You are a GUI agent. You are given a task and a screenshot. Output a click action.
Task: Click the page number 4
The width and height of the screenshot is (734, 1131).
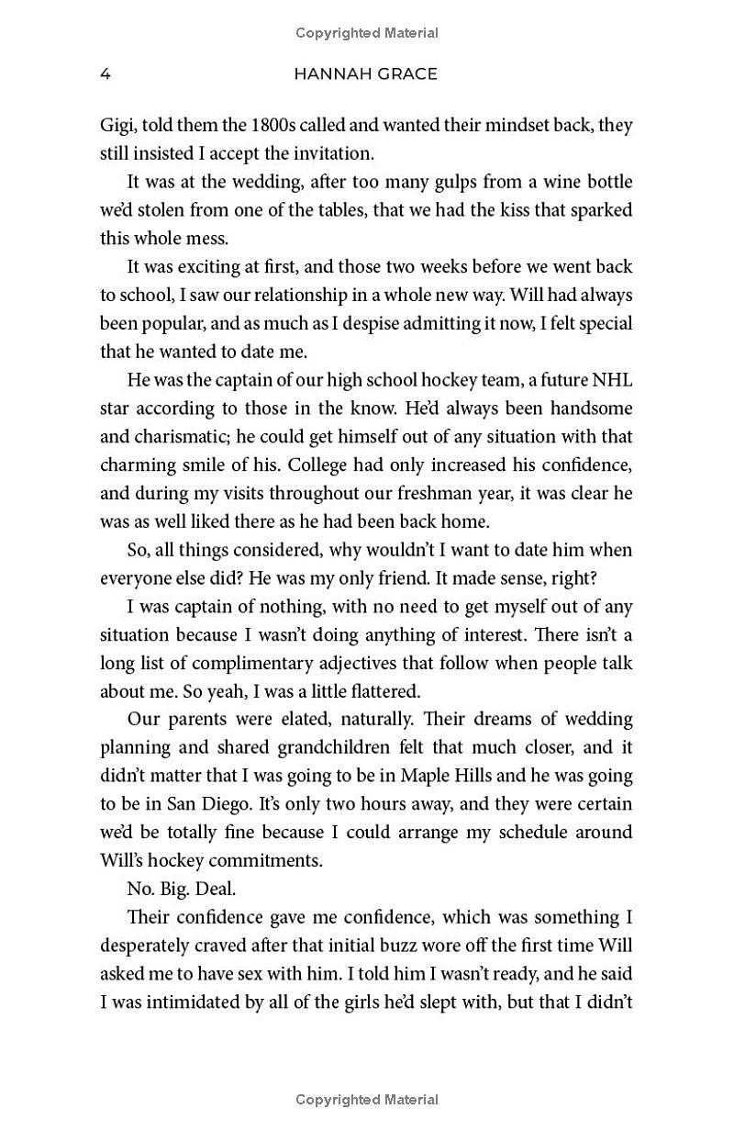tap(106, 74)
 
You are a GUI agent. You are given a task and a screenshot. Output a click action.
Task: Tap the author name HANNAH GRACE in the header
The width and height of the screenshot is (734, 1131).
tap(365, 74)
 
